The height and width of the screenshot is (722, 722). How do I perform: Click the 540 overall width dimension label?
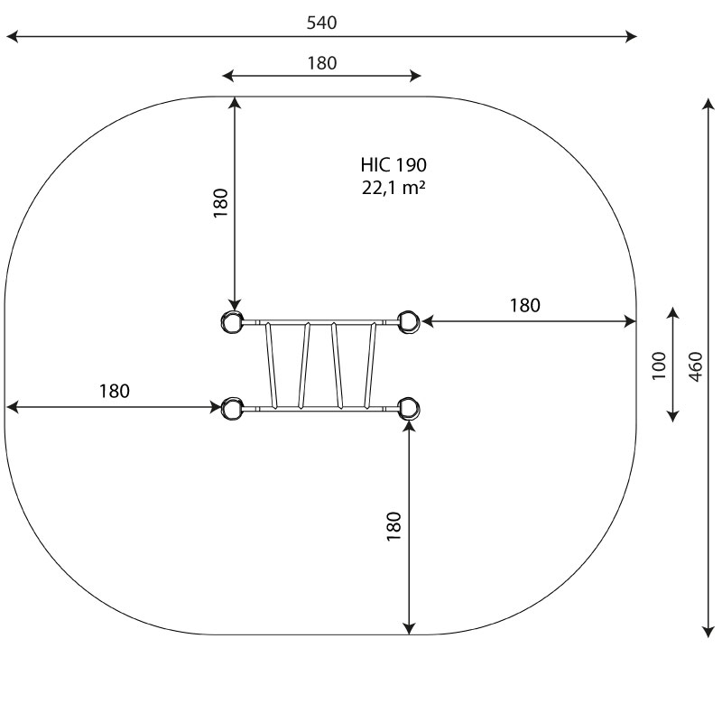321,23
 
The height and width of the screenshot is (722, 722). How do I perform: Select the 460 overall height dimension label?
696,366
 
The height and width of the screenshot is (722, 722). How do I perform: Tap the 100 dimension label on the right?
659,365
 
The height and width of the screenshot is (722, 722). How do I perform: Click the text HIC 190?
393,165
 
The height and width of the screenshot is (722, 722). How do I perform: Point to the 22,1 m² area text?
393,189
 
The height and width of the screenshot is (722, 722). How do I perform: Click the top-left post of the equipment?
232,321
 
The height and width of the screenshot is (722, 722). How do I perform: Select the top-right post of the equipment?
408,321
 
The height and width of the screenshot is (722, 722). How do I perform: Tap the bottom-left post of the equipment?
232,408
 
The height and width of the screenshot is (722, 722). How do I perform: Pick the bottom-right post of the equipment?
408,408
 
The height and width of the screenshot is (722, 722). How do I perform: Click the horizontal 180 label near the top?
321,63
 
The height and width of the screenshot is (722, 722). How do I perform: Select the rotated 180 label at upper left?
220,203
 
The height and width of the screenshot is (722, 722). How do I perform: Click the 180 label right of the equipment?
524,306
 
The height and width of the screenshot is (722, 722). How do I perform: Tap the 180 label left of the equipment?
115,392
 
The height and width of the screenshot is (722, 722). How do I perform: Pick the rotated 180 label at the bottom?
393,526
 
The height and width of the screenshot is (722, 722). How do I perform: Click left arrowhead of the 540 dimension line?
11,37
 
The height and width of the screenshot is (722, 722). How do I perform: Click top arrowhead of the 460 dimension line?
708,102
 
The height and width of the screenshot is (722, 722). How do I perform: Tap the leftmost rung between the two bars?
270,365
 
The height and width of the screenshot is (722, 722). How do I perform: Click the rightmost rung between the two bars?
371,365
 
